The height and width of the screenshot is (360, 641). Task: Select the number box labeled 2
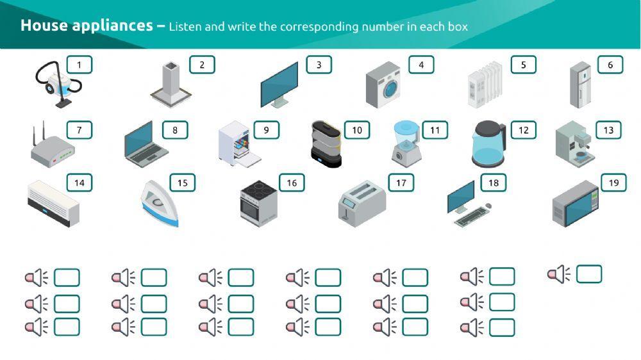tap(202, 65)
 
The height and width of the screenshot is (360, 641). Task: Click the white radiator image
tap(485, 85)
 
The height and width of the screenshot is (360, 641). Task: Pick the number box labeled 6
tap(610, 65)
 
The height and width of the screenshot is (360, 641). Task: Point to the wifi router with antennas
tap(52, 148)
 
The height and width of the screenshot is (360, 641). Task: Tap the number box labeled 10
tap(357, 130)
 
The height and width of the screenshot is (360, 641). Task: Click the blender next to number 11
tap(404, 143)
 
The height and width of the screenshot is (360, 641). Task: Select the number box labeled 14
tap(79, 183)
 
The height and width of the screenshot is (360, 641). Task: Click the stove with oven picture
tap(259, 203)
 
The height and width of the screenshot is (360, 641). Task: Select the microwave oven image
tap(575, 204)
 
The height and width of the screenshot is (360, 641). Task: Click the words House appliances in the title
tap(86, 26)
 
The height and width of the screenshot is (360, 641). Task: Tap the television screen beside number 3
tap(279, 84)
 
